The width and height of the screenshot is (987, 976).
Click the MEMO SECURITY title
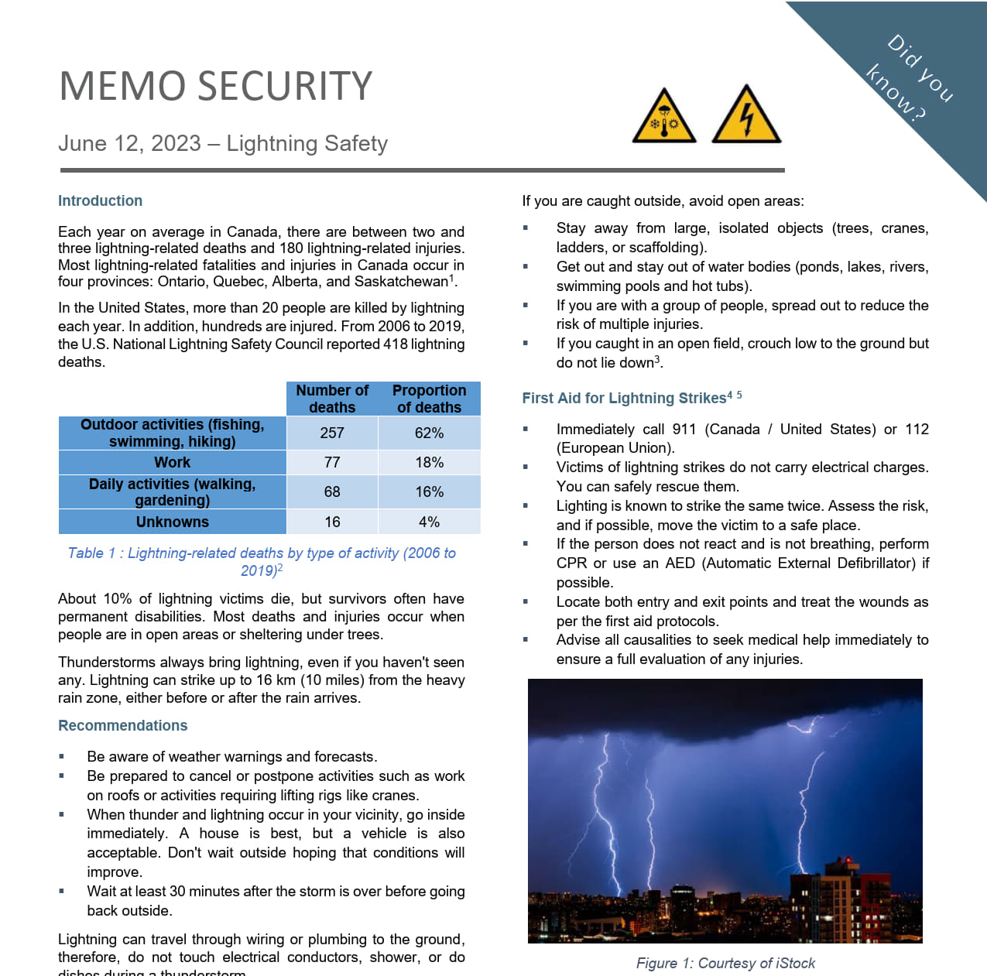tap(215, 86)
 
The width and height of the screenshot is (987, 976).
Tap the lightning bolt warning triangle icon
tap(745, 117)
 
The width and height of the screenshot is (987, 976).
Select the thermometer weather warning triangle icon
tap(664, 118)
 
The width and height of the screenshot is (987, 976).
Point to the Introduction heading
tap(100, 201)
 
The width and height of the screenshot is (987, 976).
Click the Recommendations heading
tap(122, 726)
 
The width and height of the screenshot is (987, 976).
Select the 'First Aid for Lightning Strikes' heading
tap(624, 399)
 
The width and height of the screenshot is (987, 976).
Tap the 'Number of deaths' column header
tap(332, 399)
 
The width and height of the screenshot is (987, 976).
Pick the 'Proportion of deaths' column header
tap(429, 399)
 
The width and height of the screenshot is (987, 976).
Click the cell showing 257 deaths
tap(332, 433)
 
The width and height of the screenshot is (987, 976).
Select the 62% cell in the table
tap(429, 433)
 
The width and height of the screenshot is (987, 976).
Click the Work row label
tap(172, 463)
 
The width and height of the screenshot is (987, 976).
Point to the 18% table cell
tap(429, 463)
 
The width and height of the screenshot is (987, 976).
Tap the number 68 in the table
tap(332, 492)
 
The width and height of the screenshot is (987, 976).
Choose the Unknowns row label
tap(172, 522)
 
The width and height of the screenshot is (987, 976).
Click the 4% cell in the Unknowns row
tap(429, 522)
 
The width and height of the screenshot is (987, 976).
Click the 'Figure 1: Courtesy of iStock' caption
tap(725, 964)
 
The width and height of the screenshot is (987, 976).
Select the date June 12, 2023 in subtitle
tap(129, 144)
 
